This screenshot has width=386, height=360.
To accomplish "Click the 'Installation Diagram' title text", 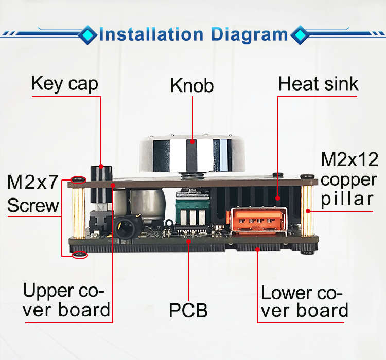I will (x=193, y=34).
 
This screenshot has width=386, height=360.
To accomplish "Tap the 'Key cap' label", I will (x=64, y=83).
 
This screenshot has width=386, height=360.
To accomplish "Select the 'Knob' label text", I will (x=192, y=85).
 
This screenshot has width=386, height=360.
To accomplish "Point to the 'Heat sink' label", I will (x=319, y=84).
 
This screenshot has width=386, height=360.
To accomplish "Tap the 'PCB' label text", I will (x=188, y=310).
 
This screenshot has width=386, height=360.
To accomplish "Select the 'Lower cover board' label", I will (x=305, y=302).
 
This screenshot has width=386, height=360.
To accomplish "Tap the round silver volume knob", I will (x=190, y=153).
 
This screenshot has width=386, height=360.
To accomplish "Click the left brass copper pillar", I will (x=78, y=211).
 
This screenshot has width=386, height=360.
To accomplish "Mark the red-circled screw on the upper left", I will (x=78, y=179).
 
